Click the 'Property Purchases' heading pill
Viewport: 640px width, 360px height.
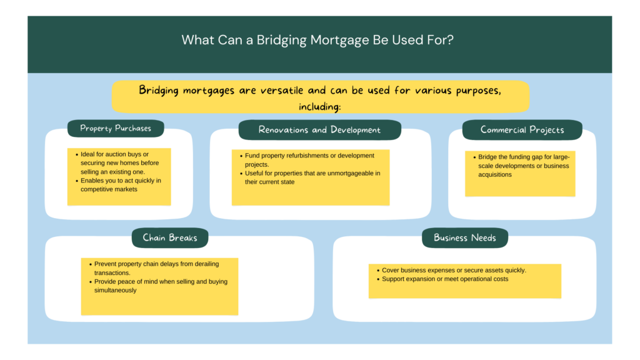116,129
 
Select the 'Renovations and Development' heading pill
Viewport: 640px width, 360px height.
319,130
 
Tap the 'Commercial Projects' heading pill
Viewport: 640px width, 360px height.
522,130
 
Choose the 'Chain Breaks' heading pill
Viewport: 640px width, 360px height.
169,237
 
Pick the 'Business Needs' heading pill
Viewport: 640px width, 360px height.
464,237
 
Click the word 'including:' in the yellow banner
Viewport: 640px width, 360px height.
319,106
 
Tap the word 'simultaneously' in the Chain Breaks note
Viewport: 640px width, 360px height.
116,291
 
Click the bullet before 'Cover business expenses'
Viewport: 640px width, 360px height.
377,271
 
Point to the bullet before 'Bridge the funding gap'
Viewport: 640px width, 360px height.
474,157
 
